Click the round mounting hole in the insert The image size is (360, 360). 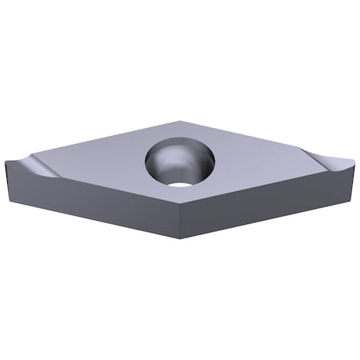pos(180,162)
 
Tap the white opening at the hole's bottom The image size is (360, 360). pos(182,182)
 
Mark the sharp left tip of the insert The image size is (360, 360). pos(6,162)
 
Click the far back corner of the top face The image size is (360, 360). pos(181,121)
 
